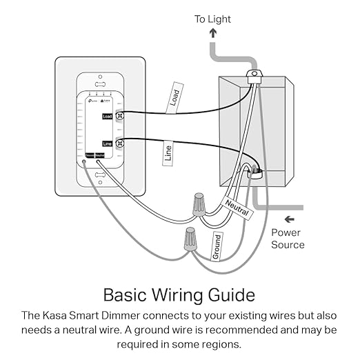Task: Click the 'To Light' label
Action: click(212, 19)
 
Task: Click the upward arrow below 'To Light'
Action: click(212, 33)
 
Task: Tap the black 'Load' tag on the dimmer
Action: click(107, 117)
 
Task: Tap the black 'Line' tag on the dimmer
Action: click(107, 143)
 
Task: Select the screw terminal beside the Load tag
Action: click(119, 117)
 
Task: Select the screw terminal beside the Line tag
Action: click(119, 143)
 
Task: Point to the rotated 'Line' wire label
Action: click(168, 153)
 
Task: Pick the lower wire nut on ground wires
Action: click(188, 239)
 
